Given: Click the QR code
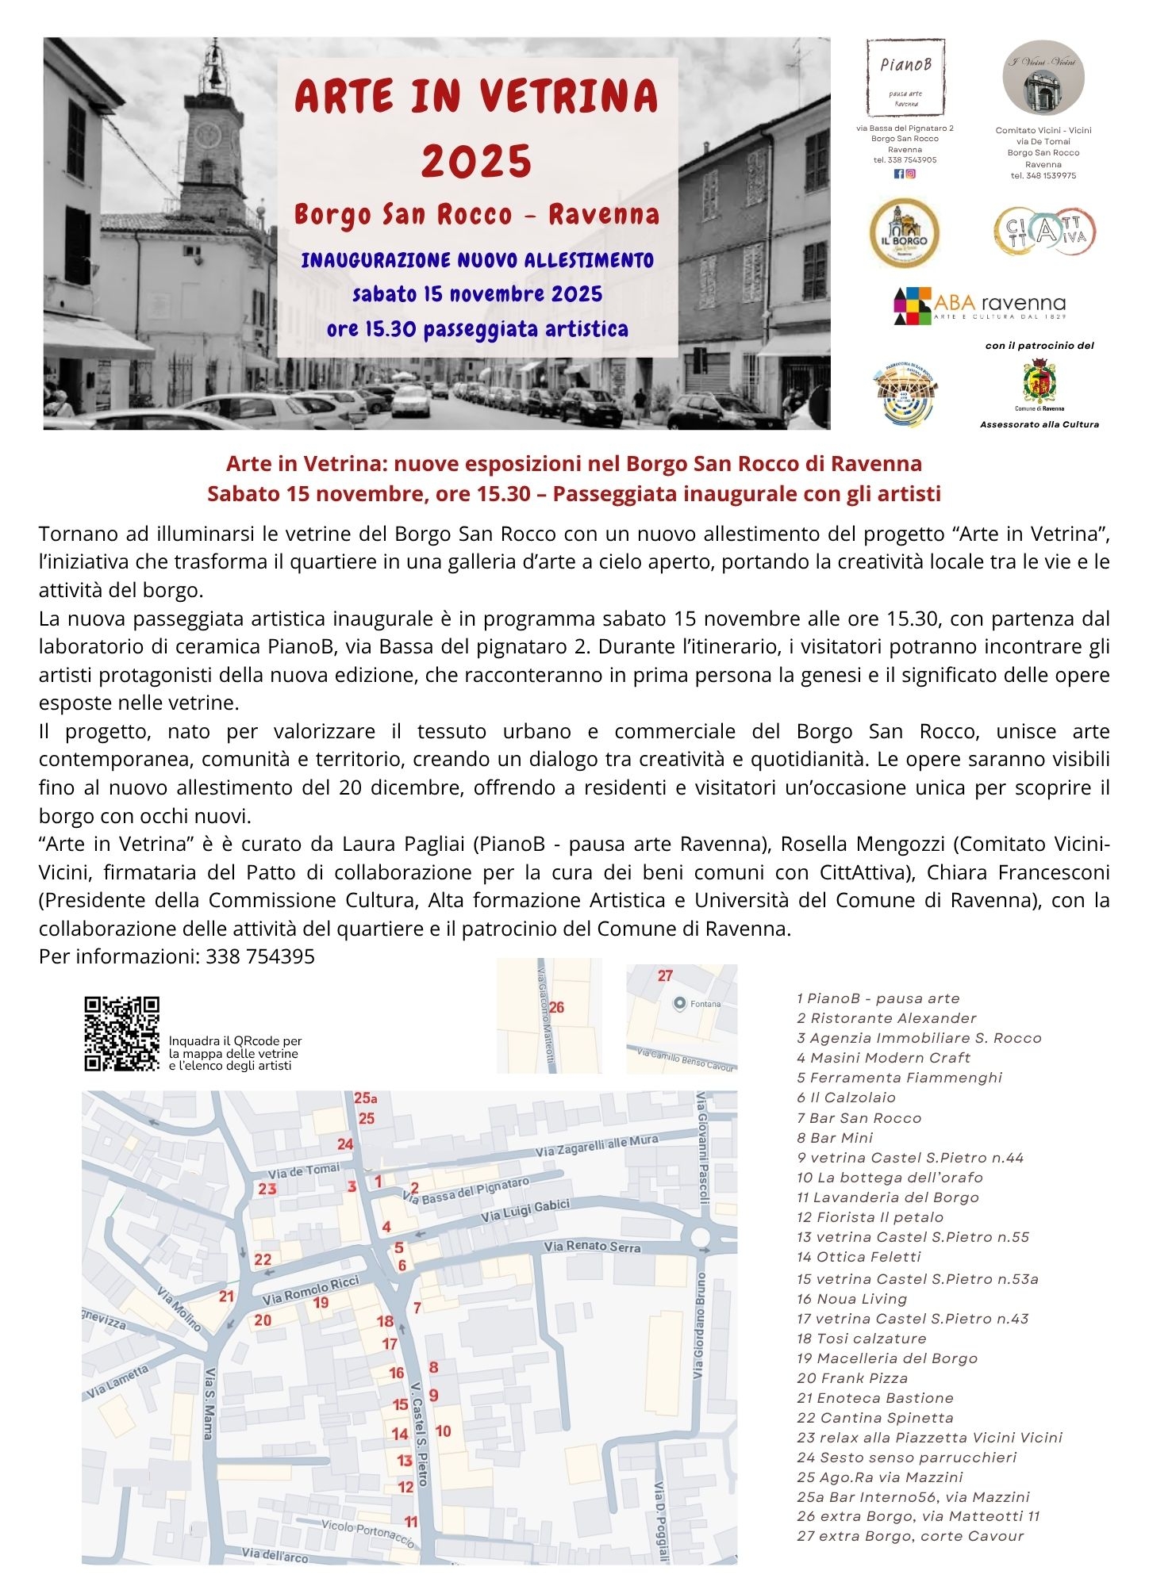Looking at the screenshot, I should tap(122, 1033).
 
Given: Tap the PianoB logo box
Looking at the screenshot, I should tap(905, 78).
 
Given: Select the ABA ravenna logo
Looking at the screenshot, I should tap(979, 305).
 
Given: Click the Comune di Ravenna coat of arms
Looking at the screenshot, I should tap(1039, 382).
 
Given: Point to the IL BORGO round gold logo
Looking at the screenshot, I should tap(904, 233).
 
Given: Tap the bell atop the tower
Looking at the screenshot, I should tap(213, 73).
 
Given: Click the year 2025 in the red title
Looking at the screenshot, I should tap(476, 161).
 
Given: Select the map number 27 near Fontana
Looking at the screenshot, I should tap(665, 975).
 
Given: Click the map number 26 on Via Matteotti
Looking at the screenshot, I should tap(556, 1007).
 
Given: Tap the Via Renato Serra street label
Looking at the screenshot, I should tap(592, 1247).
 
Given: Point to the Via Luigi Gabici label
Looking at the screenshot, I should tap(525, 1211).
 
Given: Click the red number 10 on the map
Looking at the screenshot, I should tap(443, 1431).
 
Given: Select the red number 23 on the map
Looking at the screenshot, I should tap(267, 1188).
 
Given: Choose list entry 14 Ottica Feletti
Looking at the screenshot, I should tap(859, 1256).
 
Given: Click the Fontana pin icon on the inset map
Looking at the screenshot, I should tap(679, 1004).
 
